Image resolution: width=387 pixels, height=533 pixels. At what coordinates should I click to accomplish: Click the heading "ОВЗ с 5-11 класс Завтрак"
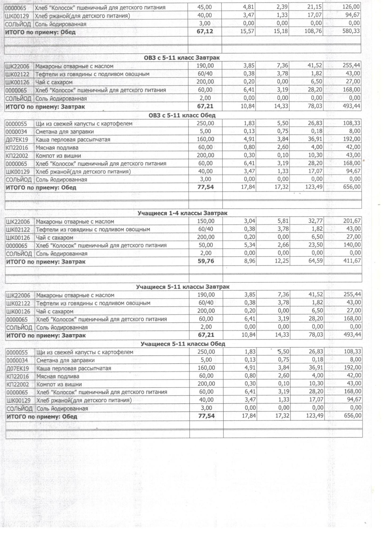[x=182, y=58]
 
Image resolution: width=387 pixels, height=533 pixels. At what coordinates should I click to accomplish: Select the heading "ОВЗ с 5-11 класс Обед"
[x=182, y=115]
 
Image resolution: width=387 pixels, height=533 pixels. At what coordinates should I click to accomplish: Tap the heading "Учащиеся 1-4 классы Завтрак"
[x=182, y=213]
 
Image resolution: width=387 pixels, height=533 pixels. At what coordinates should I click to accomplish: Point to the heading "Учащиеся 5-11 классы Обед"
[x=183, y=344]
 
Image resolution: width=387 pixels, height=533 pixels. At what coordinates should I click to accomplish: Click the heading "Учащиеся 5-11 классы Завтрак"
[x=183, y=287]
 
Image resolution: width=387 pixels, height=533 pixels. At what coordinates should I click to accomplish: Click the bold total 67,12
[x=205, y=32]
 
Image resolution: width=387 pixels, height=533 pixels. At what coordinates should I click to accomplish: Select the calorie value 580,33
[x=351, y=31]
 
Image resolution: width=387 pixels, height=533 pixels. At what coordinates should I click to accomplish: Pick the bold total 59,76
[x=206, y=261]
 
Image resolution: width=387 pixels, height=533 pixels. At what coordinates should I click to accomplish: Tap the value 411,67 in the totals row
[x=352, y=261]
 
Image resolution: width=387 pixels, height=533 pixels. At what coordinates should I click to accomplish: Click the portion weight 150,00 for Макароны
[x=206, y=221]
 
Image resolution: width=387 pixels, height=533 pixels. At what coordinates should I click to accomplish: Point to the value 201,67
[x=352, y=221]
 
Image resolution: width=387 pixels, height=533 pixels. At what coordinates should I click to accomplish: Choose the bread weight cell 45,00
[x=205, y=7]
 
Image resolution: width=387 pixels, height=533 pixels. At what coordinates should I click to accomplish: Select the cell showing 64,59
[x=316, y=261]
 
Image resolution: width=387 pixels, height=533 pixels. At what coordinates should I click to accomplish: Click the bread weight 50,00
[x=206, y=245]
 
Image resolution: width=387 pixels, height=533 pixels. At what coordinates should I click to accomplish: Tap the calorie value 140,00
[x=352, y=245]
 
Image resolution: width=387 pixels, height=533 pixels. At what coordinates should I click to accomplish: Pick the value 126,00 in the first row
[x=351, y=7]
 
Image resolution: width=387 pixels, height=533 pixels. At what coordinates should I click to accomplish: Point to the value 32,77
[x=316, y=221]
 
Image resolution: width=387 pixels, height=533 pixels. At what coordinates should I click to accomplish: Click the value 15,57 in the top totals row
[x=248, y=31]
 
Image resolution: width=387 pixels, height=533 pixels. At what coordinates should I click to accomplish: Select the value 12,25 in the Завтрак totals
[x=282, y=261]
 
